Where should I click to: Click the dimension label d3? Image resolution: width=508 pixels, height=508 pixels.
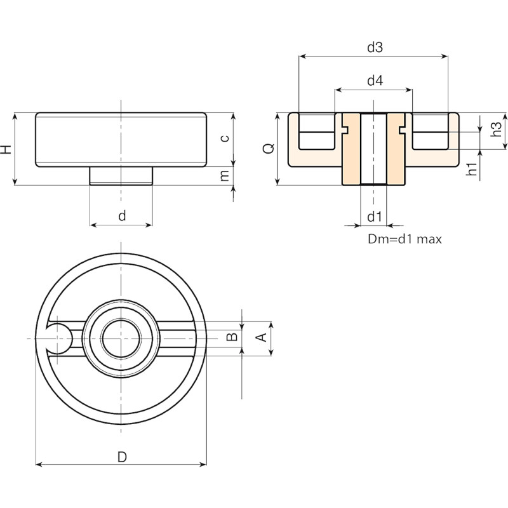coord(375,47)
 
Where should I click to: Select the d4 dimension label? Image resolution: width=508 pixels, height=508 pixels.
coord(375,80)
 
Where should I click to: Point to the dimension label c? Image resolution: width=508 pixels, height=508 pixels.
coord(225,138)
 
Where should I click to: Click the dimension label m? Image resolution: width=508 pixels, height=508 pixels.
coord(225,176)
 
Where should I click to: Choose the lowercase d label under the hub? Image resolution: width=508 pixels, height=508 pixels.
coord(122,215)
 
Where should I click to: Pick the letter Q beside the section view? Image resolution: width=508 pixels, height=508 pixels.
coord(269,149)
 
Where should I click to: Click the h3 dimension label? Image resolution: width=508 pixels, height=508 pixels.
coord(496,129)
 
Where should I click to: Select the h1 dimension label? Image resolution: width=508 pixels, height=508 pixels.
coord(472,169)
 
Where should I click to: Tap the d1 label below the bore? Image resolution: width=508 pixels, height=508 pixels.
coord(375,217)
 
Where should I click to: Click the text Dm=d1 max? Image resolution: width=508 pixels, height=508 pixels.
coord(404,239)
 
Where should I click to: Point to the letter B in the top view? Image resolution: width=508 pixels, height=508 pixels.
coord(232,337)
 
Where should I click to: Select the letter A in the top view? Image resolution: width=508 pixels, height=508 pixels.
coord(262,338)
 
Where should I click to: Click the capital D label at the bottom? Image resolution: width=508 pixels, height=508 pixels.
coord(122,457)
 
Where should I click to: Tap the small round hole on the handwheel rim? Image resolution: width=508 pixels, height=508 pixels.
coord(58,338)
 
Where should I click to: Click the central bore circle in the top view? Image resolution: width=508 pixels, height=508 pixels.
coord(121,338)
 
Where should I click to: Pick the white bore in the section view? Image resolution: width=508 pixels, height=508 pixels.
coord(373,149)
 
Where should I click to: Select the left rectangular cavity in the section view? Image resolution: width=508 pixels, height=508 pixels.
coord(316,131)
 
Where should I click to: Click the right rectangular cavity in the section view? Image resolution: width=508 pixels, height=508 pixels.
coord(431,131)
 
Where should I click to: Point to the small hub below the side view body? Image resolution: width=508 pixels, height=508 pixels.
coord(121,176)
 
